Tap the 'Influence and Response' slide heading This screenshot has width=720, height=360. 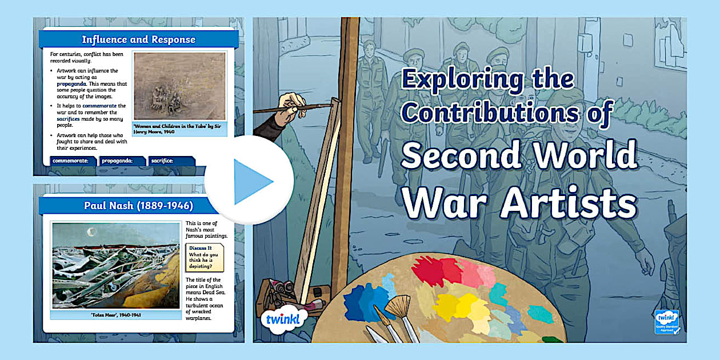[x=138, y=39]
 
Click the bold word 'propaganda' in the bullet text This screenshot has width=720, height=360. [x=71, y=83]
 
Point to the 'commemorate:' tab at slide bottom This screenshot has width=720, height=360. [x=71, y=161]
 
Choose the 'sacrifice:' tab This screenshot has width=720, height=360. [x=163, y=161]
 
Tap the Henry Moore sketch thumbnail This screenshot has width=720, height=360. [x=179, y=86]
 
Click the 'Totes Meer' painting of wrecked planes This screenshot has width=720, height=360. [x=116, y=266]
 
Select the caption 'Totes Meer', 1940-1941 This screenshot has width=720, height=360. [x=116, y=315]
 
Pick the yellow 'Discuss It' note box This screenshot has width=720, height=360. [x=205, y=258]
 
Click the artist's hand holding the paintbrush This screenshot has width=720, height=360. [x=291, y=106]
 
